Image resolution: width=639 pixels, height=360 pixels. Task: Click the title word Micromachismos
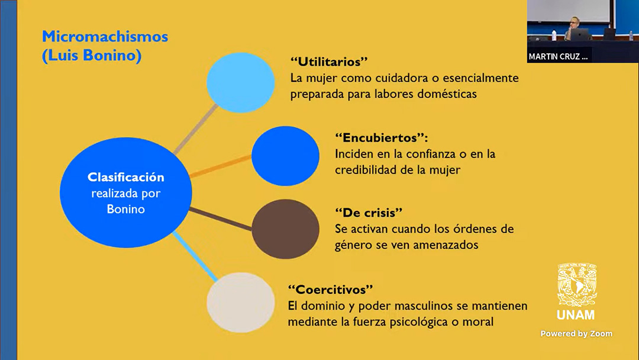105,37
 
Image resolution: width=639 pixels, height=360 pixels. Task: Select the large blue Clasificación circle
125,192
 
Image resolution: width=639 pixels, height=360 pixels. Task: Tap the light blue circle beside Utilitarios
240,82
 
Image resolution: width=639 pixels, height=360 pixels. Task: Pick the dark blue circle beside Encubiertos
285,156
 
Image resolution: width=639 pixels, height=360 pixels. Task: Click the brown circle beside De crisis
285,229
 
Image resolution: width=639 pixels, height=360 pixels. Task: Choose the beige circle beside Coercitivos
240,303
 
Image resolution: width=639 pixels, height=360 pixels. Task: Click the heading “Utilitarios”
329,62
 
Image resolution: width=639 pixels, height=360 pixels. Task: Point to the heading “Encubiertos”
382,137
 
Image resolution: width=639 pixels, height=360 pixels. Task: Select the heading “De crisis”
369,213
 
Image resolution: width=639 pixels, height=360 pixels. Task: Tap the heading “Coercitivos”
330,290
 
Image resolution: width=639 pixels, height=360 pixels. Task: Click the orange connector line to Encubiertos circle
221,166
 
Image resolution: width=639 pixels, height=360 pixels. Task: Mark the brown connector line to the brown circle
221,219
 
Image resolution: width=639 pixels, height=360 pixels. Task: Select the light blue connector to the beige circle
195,256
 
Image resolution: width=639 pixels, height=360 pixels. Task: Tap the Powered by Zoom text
576,333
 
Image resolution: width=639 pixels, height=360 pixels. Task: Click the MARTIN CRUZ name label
558,57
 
